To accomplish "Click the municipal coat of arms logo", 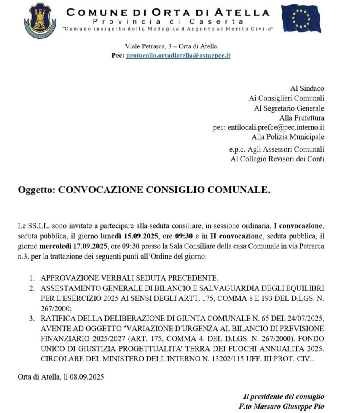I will (40, 20).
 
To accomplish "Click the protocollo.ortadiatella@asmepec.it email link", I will (178, 56).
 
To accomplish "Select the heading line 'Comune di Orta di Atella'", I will (168, 12).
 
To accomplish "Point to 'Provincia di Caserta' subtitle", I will (168, 21).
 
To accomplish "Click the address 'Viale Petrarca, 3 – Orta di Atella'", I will (171, 46).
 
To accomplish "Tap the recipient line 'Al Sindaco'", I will (307, 88).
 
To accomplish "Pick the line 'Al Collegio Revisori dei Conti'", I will (277, 159).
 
